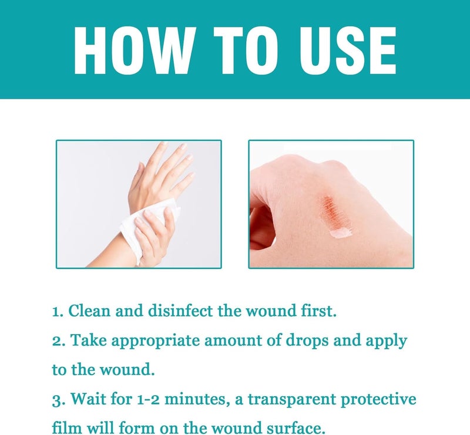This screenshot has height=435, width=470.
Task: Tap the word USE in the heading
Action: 348,50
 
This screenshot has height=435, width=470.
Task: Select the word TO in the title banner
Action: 245,50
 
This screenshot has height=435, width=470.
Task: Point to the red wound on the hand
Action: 332,212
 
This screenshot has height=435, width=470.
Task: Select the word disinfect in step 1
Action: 180,311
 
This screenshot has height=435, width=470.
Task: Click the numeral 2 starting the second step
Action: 56,342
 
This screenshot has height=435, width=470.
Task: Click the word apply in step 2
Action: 386,342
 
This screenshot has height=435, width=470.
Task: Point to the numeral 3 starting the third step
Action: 56,400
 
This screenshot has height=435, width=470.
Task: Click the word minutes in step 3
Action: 195,399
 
